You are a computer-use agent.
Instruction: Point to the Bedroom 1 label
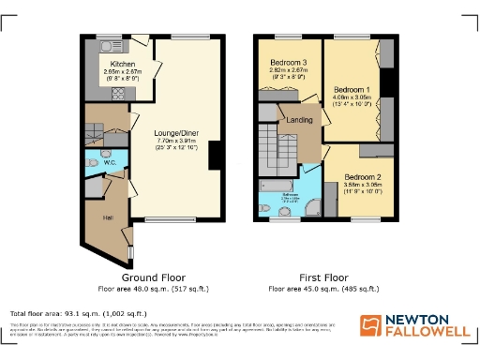[351, 88]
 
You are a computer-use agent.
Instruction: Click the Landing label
[300, 119]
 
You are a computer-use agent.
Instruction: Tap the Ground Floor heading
[153, 277]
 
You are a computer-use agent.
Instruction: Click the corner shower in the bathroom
[310, 207]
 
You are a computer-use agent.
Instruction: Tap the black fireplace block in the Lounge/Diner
[214, 155]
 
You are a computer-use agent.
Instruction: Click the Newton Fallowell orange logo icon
[372, 325]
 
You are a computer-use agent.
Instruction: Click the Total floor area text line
[79, 312]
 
